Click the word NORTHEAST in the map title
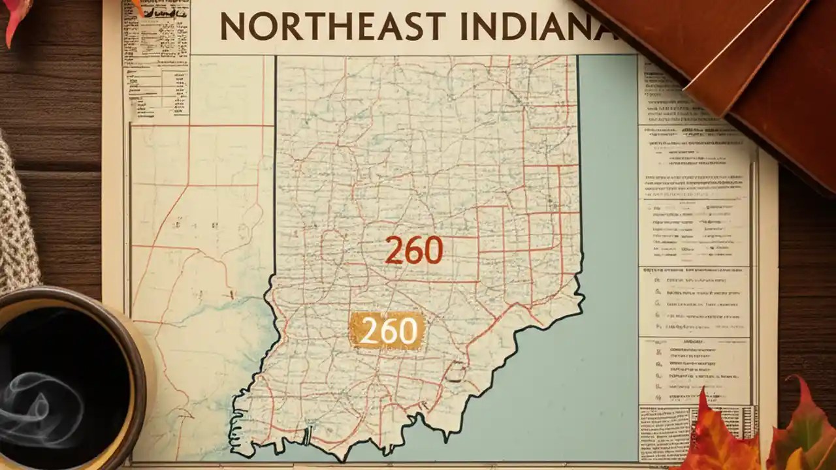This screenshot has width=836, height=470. tap(333, 27)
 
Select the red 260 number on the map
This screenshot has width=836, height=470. tap(413, 250)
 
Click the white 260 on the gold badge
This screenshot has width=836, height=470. tap(388, 331)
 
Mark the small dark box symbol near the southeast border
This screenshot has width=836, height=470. tap(457, 371)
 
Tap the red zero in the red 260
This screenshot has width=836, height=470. tap(432, 250)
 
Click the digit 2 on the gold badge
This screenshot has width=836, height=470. tap(368, 332)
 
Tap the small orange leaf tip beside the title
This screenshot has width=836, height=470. tap(138, 7)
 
